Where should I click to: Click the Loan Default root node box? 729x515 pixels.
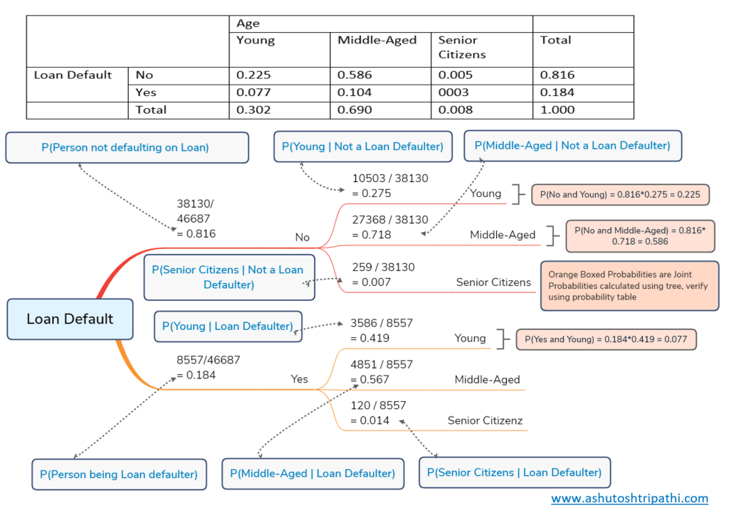point(70,319)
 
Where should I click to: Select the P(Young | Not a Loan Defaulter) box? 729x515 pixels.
point(362,147)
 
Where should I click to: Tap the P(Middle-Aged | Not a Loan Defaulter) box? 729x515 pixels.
point(572,146)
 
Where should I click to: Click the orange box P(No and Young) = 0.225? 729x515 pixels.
point(616,194)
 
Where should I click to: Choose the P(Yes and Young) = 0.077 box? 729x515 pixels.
point(606,339)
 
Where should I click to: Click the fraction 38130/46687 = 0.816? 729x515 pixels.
point(195,218)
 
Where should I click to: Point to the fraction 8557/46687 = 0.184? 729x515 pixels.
point(208,367)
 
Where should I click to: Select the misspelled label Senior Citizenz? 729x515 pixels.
point(485,420)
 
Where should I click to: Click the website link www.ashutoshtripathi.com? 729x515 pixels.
point(629,498)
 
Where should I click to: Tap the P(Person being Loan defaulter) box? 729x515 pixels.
point(119,474)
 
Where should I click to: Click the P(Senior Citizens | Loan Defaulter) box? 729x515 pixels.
point(514,472)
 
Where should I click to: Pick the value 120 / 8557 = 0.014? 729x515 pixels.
point(378,413)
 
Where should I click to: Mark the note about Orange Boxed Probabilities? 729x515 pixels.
point(629,286)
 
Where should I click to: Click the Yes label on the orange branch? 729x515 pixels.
point(300,379)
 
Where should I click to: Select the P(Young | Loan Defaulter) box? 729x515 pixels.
point(228,326)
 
